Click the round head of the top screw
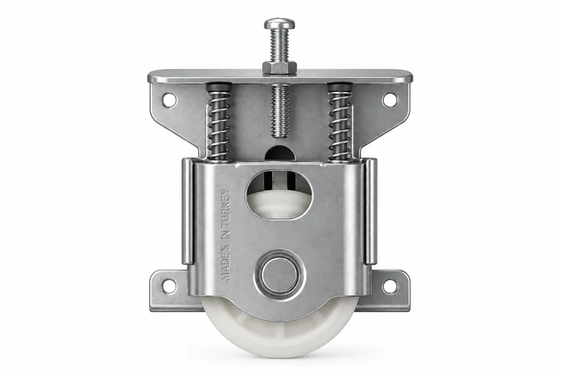(x=280, y=24)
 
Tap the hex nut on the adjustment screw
(x=280, y=67)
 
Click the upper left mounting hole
(x=169, y=99)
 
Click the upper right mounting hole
(x=390, y=99)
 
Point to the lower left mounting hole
(x=169, y=286)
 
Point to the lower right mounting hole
(x=390, y=286)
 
